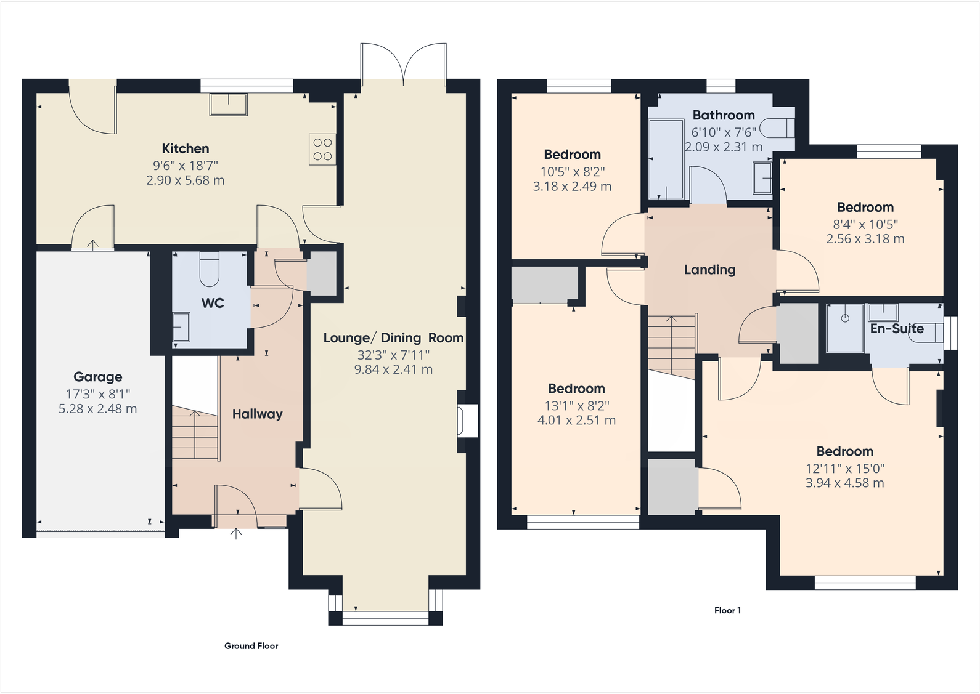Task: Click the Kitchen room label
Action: (x=186, y=148)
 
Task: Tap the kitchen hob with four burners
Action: (x=322, y=149)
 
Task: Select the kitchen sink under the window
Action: (x=229, y=104)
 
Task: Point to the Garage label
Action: (x=97, y=377)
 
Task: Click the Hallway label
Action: (x=257, y=414)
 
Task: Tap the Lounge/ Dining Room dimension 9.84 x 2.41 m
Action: (x=393, y=369)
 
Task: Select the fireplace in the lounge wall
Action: (x=467, y=421)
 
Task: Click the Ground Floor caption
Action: (x=251, y=645)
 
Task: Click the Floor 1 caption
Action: (x=727, y=610)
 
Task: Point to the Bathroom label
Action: (x=724, y=115)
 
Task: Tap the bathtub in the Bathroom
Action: (x=666, y=159)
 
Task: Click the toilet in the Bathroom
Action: (x=777, y=128)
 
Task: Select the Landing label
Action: (x=709, y=270)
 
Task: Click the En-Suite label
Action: (x=897, y=329)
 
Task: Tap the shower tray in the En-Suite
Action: (x=845, y=328)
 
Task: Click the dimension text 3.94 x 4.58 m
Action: (x=845, y=483)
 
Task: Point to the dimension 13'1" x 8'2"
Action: (x=577, y=406)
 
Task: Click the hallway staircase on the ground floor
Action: (x=195, y=433)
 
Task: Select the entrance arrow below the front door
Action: (x=236, y=534)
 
